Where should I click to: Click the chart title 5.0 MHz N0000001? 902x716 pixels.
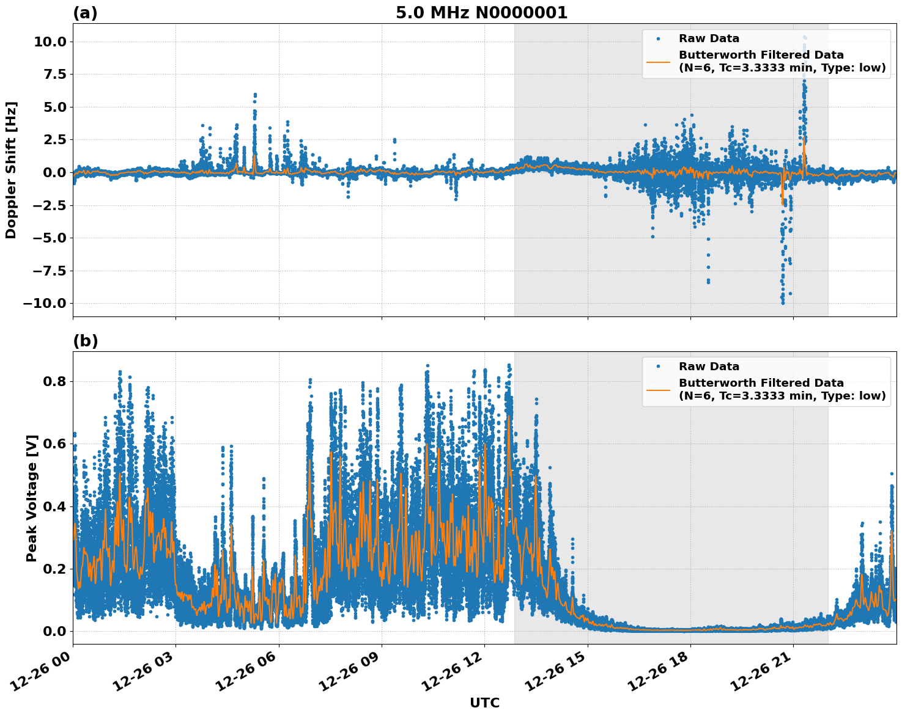pos(481,13)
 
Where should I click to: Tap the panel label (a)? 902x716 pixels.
pos(85,13)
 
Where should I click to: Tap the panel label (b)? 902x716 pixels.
pos(85,341)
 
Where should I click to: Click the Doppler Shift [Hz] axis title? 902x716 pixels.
pos(11,170)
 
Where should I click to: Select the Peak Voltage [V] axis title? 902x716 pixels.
pos(32,498)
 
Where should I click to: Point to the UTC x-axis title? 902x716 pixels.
pos(484,703)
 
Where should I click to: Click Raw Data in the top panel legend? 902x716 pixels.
pos(709,38)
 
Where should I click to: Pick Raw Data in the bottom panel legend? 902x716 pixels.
pos(709,367)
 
